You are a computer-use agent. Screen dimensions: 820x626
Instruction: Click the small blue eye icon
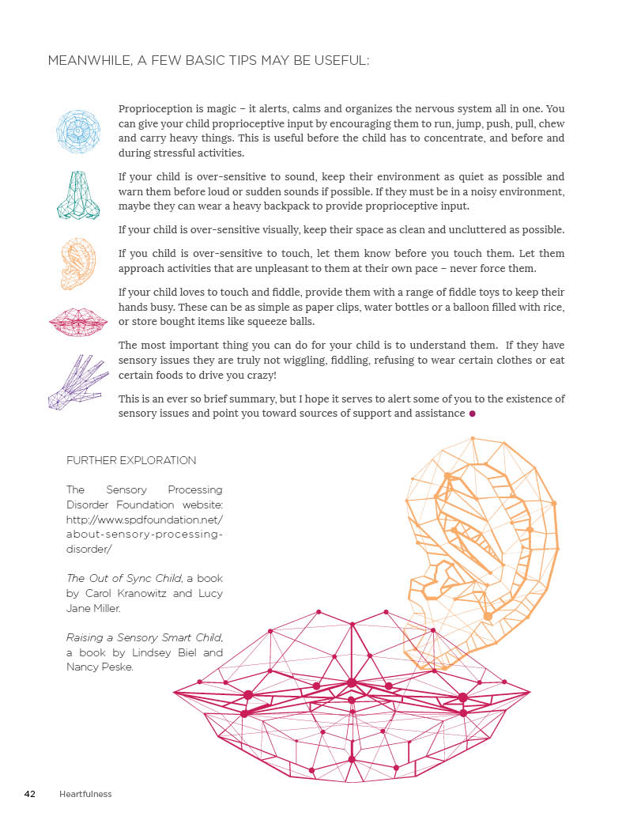coord(77,130)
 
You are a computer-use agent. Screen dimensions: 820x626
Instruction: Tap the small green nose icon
coord(78,195)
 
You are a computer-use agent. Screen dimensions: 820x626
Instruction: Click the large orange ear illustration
coord(482,546)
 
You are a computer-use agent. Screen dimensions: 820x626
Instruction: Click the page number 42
coord(30,794)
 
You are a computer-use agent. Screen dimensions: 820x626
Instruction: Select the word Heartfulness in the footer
coord(85,794)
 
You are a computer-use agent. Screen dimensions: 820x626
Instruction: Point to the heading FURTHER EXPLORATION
coord(131,460)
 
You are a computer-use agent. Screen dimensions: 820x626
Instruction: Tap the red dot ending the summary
coord(473,414)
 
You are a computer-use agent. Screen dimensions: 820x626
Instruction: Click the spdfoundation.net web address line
coord(145,520)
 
